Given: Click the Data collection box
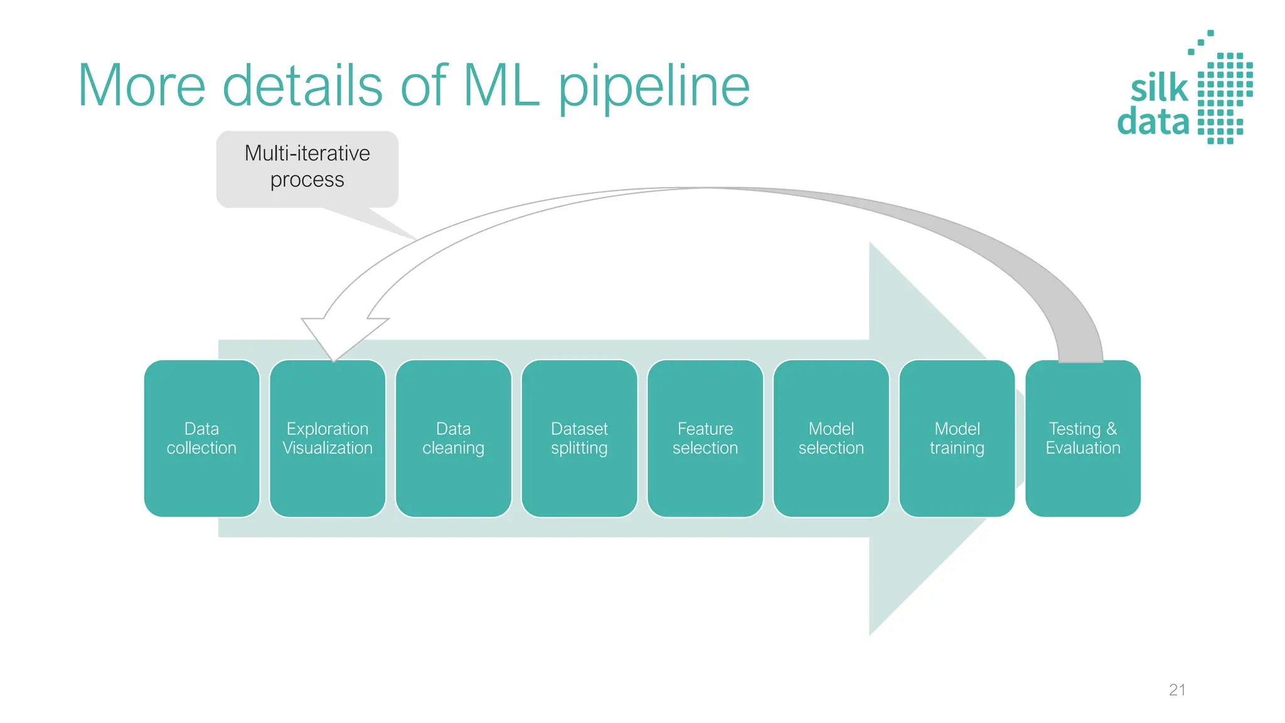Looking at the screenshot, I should [201, 438].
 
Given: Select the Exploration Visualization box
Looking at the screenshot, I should [328, 438].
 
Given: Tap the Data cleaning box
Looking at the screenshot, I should [453, 438].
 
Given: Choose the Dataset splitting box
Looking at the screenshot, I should [579, 438].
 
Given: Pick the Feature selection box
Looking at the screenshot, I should [705, 438].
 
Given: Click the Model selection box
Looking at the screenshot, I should [831, 438].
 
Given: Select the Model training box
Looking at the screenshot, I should [957, 438].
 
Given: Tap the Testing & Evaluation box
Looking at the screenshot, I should [1083, 438].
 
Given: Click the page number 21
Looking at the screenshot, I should [1177, 690].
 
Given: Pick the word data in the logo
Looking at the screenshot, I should [1153, 122].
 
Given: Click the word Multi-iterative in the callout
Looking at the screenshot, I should [307, 153].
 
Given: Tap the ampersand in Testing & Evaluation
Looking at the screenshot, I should [1111, 429].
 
